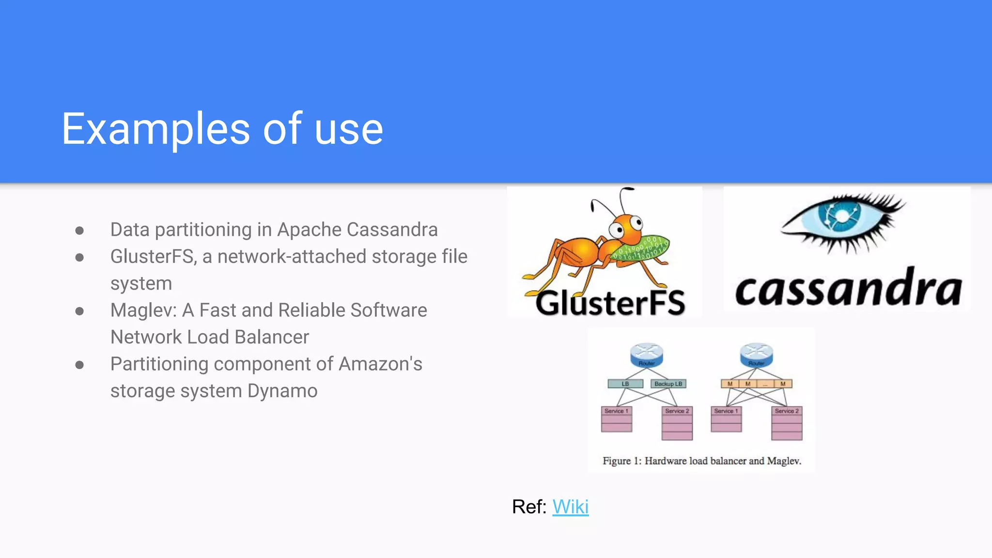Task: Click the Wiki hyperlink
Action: (570, 507)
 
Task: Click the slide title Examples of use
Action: (222, 129)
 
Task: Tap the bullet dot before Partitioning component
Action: (80, 365)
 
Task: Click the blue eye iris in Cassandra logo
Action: (842, 217)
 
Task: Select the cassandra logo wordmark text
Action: (848, 289)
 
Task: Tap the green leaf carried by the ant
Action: (642, 249)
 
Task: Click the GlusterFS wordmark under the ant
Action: (610, 303)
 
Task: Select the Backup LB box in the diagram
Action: (668, 384)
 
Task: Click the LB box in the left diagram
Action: (625, 384)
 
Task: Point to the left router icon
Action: (646, 355)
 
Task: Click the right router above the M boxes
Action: (756, 355)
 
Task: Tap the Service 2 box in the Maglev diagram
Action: (787, 423)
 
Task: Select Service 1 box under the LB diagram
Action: (616, 419)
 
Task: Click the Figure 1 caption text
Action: (701, 461)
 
